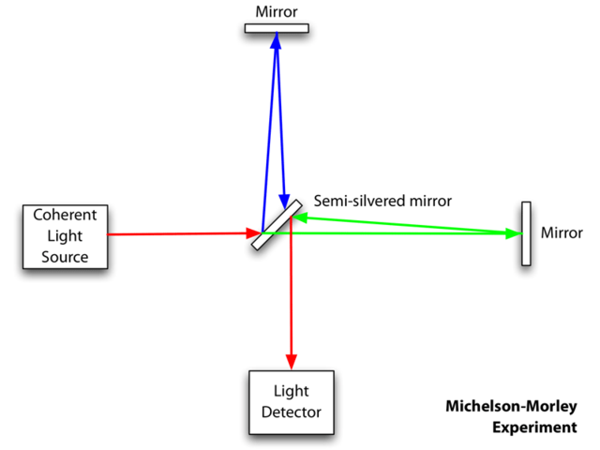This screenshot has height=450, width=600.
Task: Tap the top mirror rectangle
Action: pyautogui.click(x=277, y=28)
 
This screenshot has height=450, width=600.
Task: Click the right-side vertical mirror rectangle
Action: pyautogui.click(x=527, y=233)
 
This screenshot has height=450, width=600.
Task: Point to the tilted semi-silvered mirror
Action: pyautogui.click(x=277, y=224)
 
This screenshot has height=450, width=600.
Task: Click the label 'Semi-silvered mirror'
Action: pyautogui.click(x=382, y=201)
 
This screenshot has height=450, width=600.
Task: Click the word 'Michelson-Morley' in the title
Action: pyautogui.click(x=512, y=407)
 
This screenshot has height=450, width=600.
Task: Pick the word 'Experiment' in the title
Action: pyautogui.click(x=535, y=427)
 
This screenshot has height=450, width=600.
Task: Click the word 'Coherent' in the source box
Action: pyautogui.click(x=65, y=214)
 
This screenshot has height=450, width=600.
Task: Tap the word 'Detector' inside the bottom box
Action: pyautogui.click(x=291, y=412)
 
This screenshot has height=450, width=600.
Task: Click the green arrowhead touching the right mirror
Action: pyautogui.click(x=514, y=233)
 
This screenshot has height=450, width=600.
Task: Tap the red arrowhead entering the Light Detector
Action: pyautogui.click(x=292, y=363)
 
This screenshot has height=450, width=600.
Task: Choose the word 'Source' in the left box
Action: pyautogui.click(x=65, y=256)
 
